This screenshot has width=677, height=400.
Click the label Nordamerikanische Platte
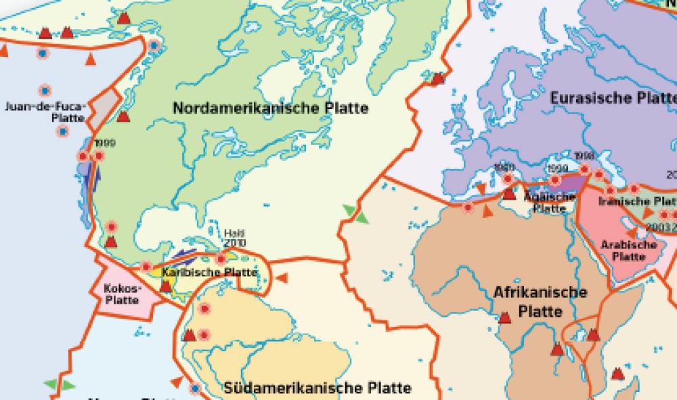click(270, 108)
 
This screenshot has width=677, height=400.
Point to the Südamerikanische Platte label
click(318, 388)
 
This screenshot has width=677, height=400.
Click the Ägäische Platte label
click(550, 202)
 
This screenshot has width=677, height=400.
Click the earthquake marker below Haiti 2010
click(221, 258)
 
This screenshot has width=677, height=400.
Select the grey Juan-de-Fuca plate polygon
click(104, 109)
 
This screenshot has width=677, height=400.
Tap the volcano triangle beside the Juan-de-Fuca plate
click(123, 117)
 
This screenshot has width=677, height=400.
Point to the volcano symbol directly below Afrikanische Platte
click(504, 317)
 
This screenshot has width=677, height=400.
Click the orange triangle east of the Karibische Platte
click(283, 277)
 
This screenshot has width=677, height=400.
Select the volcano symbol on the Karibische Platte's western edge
click(165, 286)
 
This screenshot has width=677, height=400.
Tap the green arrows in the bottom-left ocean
click(60, 384)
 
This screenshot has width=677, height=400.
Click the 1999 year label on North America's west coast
click(105, 143)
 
